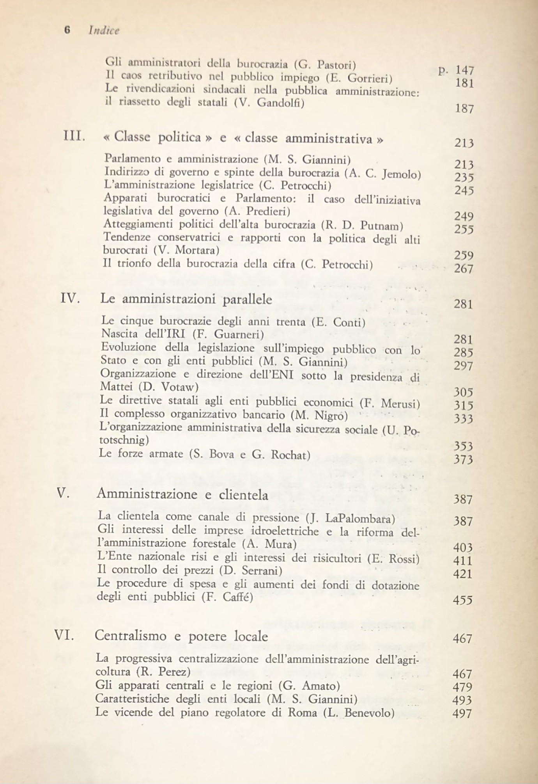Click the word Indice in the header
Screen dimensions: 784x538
point(103,30)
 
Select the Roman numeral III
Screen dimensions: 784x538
point(74,136)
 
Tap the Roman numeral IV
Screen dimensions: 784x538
point(71,299)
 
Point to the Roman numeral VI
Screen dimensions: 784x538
point(64,636)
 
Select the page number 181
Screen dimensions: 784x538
point(464,83)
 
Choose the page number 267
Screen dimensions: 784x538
point(464,268)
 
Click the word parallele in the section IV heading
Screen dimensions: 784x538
point(248,299)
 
